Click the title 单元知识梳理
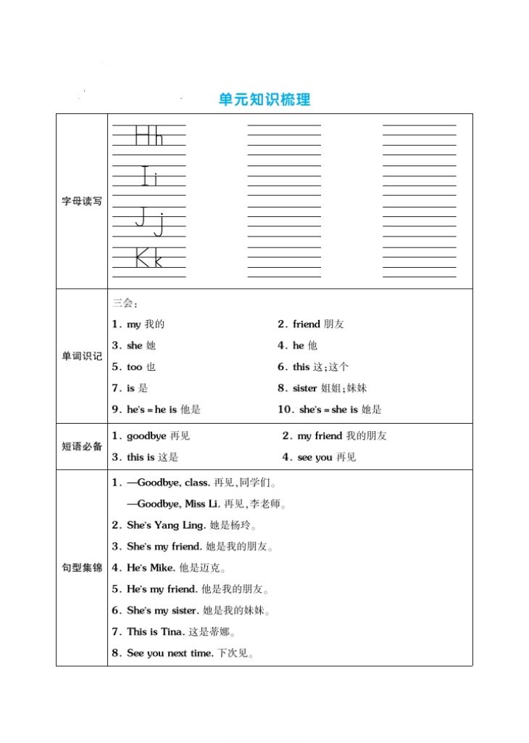[264, 99]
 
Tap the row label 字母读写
[81, 201]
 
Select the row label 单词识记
[81, 356]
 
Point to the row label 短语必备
[81, 446]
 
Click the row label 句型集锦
[81, 567]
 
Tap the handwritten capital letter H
[143, 136]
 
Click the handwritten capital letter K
[143, 258]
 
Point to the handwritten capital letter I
[145, 176]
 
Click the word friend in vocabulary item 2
[306, 324]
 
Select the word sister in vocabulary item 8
[305, 388]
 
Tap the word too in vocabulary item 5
[135, 367]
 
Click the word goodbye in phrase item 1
[146, 436]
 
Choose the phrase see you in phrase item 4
[315, 457]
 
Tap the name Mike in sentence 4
[162, 567]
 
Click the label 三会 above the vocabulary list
[124, 303]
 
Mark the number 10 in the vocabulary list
[285, 410]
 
